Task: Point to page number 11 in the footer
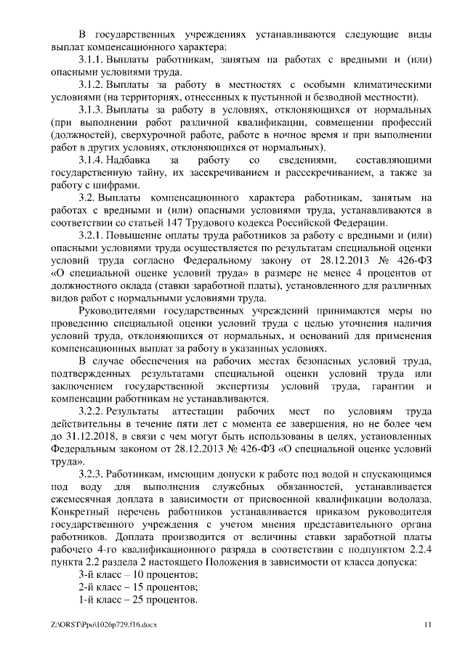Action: coord(427,624)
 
